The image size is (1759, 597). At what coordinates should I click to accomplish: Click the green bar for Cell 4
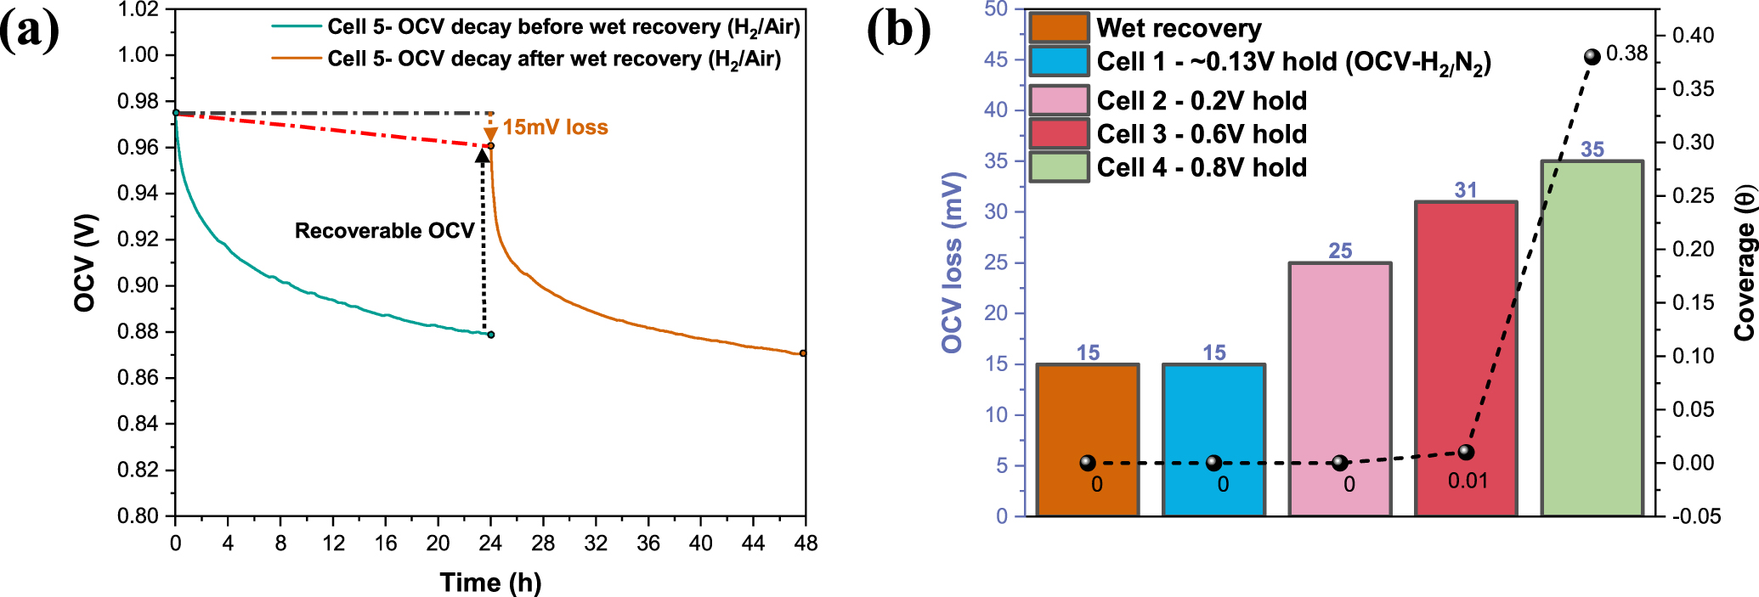point(1592,340)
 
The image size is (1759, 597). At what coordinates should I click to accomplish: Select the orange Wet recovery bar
point(1088,425)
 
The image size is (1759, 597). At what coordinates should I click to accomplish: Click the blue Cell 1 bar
point(1213,425)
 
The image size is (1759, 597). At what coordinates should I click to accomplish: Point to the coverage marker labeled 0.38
point(1592,57)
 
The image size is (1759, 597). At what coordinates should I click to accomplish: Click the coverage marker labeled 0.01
point(1466,453)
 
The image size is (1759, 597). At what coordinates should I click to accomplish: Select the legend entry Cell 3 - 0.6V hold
point(1202,134)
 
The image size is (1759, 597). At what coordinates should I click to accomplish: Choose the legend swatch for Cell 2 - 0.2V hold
point(1059,100)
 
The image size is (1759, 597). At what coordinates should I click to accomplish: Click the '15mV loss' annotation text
point(555,127)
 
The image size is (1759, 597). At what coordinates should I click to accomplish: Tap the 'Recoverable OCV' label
point(384,231)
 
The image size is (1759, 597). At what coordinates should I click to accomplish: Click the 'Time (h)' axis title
point(490,583)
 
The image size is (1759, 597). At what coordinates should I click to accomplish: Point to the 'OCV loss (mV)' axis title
point(953,263)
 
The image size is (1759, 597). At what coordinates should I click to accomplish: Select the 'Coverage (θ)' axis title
point(1745,263)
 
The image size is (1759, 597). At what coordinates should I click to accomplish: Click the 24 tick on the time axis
point(490,543)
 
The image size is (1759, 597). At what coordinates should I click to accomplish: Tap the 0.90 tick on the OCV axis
point(139,285)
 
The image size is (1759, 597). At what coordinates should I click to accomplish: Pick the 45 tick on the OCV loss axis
point(996,60)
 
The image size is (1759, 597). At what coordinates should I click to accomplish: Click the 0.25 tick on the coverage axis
point(1693,196)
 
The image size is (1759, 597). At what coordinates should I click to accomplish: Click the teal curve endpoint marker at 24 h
point(490,335)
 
